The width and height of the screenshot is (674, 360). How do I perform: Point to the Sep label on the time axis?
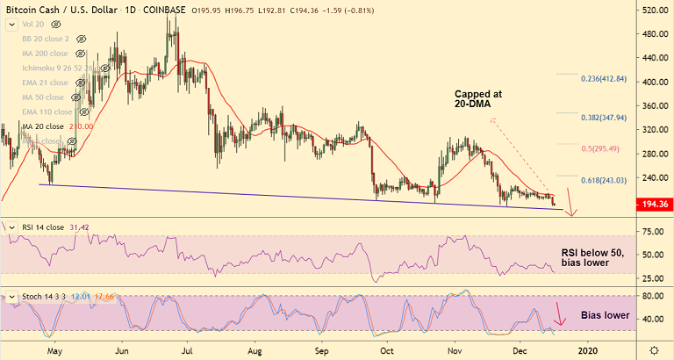[321, 350]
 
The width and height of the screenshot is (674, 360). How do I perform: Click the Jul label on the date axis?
[187, 350]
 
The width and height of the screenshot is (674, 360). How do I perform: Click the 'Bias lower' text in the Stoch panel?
[605, 314]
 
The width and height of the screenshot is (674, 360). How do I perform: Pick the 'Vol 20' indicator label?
[33, 25]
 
